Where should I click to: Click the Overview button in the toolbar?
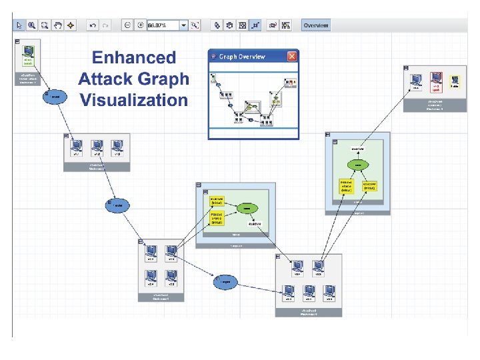point(315,25)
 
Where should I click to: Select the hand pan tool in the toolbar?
point(57,25)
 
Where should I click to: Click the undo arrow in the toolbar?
point(92,25)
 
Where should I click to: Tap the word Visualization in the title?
point(133,101)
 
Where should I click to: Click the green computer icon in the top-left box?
point(28,53)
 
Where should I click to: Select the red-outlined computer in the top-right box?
point(436,79)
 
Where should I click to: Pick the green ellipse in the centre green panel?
point(247,209)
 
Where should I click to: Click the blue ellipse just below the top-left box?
point(55,96)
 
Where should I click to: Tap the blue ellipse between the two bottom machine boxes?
point(226,283)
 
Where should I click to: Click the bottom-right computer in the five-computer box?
point(328,291)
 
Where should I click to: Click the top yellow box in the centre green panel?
point(217,201)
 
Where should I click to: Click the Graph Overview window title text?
point(242,57)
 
